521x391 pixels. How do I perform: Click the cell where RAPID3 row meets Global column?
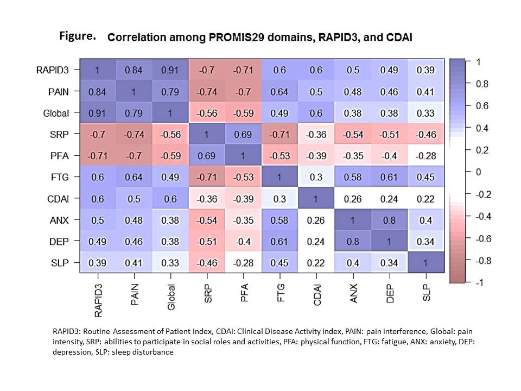click(x=170, y=70)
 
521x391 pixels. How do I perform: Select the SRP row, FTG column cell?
click(x=280, y=134)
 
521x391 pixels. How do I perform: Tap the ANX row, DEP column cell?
click(x=389, y=220)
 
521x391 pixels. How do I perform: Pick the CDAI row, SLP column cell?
click(x=425, y=199)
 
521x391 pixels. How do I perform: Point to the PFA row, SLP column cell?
click(x=425, y=156)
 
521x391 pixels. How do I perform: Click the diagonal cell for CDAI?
click(x=316, y=199)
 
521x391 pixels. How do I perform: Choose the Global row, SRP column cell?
click(x=207, y=113)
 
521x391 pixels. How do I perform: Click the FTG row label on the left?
click(x=60, y=177)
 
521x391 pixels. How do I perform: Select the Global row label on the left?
click(x=56, y=113)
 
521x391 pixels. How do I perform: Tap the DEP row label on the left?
click(x=59, y=241)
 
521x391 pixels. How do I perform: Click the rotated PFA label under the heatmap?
click(x=244, y=293)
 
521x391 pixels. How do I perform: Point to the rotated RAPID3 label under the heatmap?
click(x=98, y=300)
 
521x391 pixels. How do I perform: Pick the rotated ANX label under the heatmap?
click(x=353, y=293)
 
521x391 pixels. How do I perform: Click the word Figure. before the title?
click(x=78, y=36)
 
